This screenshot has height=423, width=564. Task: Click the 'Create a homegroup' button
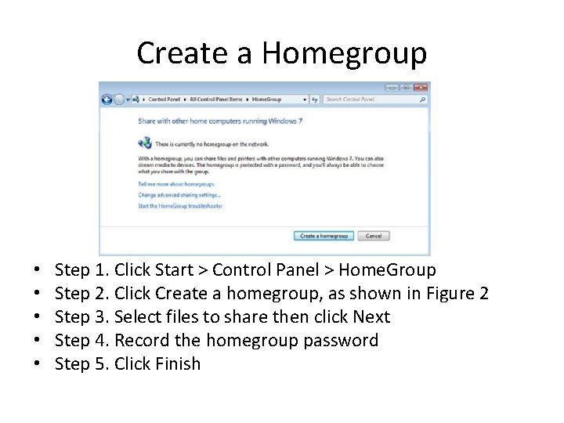click(324, 236)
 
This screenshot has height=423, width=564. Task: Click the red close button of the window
click(421, 88)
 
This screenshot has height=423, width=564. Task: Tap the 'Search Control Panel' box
click(370, 99)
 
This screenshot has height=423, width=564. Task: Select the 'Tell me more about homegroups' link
click(165, 184)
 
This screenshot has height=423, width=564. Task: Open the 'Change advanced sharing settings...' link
click(179, 195)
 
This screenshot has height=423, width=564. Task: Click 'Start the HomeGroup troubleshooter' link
click(180, 206)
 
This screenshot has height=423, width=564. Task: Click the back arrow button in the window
click(107, 99)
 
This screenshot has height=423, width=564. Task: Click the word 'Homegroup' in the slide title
click(345, 53)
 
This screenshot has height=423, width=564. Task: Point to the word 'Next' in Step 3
click(371, 317)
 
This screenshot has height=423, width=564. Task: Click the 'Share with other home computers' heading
click(220, 121)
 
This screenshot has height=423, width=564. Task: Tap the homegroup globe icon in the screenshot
click(144, 143)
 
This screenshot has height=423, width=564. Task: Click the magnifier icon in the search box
click(423, 99)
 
